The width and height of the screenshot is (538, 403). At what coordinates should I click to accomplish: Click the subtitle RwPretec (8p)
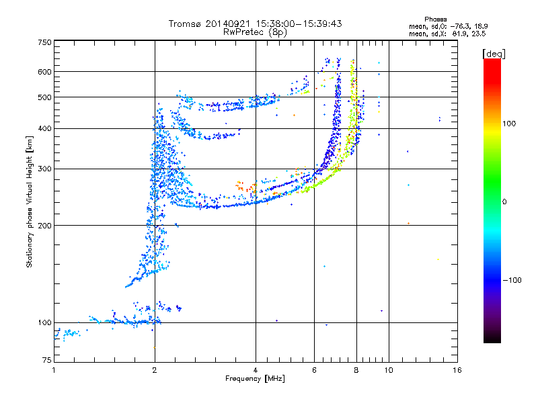(255, 32)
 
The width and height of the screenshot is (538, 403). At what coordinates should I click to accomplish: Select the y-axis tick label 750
(44, 42)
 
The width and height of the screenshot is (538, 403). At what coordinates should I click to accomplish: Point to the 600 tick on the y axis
(44, 72)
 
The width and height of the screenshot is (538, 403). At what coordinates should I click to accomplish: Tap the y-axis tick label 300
(44, 169)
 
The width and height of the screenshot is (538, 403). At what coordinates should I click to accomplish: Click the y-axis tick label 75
(47, 360)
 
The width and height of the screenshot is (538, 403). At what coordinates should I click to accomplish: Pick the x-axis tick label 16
(457, 370)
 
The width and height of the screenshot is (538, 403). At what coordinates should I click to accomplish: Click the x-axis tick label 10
(389, 370)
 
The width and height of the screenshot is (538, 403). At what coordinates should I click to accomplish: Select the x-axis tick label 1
(54, 370)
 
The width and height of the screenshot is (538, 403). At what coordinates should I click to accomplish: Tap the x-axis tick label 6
(314, 370)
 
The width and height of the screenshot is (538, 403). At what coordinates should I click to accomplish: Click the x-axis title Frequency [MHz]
(255, 379)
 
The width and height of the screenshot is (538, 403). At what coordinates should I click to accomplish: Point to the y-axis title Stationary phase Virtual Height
(30, 202)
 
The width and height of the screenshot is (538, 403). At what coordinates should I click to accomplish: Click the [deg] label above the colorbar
(494, 54)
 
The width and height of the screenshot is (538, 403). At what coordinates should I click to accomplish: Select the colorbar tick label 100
(509, 124)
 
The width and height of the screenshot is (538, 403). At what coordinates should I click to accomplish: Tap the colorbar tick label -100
(512, 280)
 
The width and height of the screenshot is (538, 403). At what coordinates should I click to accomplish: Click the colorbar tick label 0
(504, 202)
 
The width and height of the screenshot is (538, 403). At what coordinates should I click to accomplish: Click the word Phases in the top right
(435, 19)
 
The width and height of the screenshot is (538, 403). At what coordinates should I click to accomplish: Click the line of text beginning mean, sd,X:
(447, 34)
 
